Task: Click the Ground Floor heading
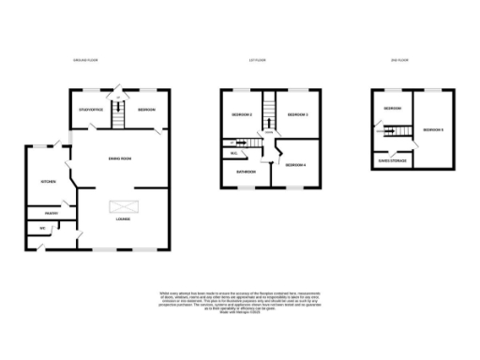point(86,60)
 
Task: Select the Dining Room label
point(119,158)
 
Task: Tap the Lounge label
point(123,220)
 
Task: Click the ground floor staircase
point(118,115)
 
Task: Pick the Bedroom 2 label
point(242,115)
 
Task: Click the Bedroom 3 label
point(298,115)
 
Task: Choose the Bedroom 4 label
point(296,165)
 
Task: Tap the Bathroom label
point(246,172)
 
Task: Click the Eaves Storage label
point(392,160)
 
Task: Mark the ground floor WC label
point(42,229)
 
